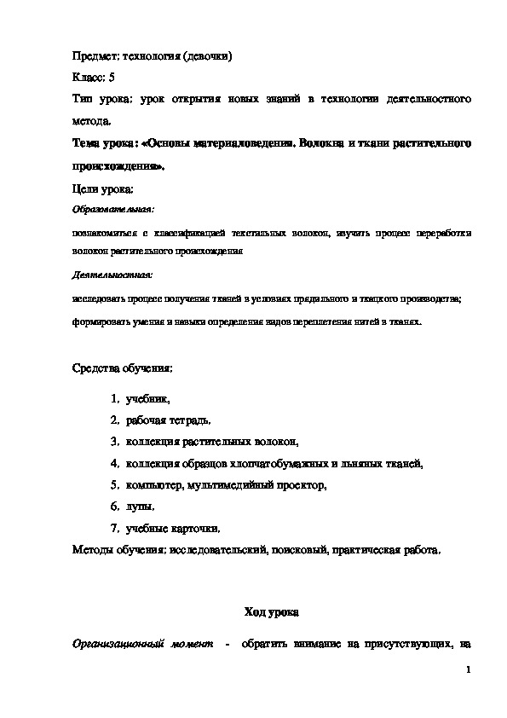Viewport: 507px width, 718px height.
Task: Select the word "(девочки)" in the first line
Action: coord(205,56)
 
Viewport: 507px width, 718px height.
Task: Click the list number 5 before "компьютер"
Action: coord(114,485)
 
